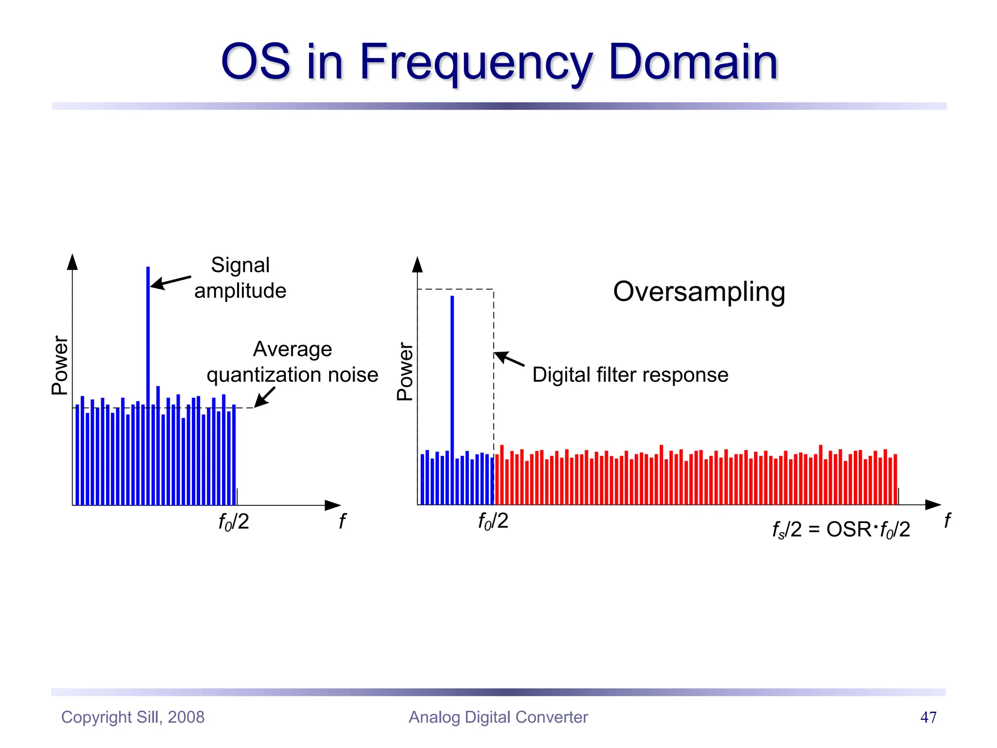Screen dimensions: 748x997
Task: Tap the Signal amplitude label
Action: pos(240,278)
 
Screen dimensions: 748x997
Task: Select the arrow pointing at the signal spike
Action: pos(170,282)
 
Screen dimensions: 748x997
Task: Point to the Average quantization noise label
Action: pos(292,362)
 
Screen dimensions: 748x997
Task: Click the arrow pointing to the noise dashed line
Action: pos(265,397)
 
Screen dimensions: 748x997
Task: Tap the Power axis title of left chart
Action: pos(60,365)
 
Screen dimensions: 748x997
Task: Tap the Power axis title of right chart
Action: pos(405,371)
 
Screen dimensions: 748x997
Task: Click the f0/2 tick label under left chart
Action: pos(234,522)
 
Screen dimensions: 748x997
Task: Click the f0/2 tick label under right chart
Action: pos(493,521)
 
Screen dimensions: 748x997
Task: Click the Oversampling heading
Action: pos(699,292)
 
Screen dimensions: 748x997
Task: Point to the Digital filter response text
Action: pos(630,375)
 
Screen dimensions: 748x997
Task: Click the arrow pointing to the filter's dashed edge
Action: pos(509,359)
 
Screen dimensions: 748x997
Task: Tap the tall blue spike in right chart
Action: pos(452,370)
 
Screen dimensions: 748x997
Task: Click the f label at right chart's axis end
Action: pos(947,521)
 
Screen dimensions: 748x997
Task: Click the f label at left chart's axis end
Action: pos(342,522)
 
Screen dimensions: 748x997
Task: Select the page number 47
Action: pos(928,717)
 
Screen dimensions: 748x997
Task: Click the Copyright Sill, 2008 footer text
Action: pos(133,717)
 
